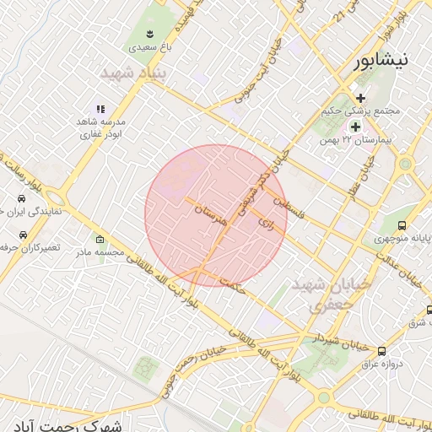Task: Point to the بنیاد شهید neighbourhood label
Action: [x=135, y=74]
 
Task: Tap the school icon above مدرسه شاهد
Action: [x=100, y=109]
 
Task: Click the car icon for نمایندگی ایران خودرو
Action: [x=19, y=200]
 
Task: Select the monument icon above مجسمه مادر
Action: [x=100, y=239]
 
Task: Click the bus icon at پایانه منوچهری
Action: [x=402, y=225]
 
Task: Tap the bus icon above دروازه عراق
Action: [x=382, y=351]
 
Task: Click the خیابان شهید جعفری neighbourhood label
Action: [x=321, y=294]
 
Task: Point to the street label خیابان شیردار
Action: [x=319, y=338]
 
